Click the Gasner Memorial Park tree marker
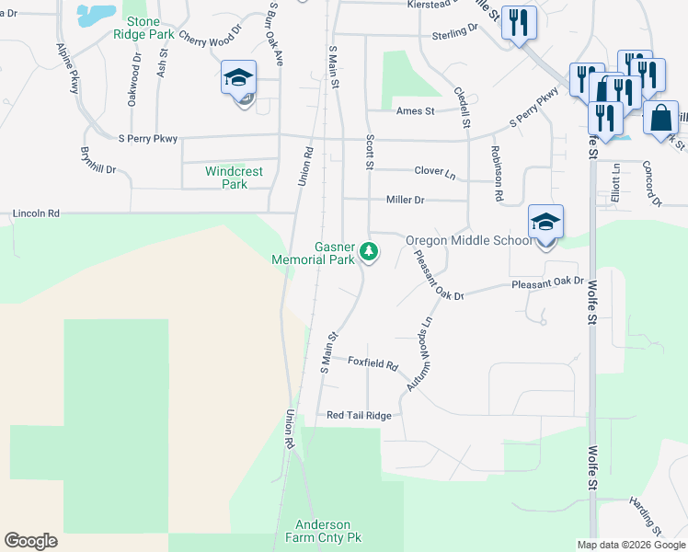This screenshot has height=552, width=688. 369,250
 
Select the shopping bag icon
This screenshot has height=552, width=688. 660,120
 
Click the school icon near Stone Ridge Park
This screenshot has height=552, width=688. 238,80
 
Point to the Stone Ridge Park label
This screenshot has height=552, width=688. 143,28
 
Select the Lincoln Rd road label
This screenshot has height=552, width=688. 36,213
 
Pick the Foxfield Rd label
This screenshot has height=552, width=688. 373,363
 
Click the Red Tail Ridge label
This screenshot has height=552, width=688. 359,416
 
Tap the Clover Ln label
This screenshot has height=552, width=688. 434,172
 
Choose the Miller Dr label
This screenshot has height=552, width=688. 405,200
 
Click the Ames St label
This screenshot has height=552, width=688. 415,111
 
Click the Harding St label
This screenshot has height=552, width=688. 645,516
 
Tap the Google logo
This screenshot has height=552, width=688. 30,541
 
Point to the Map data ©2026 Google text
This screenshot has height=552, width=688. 631,545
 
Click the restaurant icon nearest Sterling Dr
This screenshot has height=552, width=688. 519,24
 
